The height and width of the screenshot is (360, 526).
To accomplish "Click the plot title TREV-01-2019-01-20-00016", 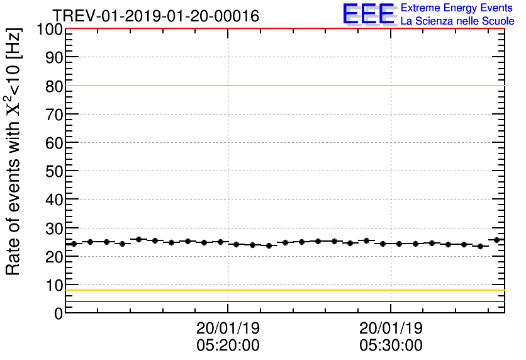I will (x=155, y=16).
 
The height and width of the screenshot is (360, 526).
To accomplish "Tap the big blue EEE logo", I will (x=369, y=14).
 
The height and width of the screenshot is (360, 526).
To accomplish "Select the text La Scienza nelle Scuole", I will (x=457, y=21).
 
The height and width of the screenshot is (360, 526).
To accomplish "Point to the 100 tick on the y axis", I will (x=50, y=29).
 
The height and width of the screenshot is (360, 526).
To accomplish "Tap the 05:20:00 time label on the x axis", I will (x=228, y=346).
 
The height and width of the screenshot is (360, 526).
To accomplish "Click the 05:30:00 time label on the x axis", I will (x=391, y=346).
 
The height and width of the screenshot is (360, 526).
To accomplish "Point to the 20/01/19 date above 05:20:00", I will (x=228, y=329).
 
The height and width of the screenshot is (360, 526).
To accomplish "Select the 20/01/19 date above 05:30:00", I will (x=391, y=329).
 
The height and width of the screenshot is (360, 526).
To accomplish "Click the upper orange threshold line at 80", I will (x=283, y=86).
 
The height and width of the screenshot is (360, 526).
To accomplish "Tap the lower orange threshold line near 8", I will (x=283, y=290).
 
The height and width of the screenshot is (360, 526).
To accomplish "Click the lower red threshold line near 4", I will (x=283, y=301).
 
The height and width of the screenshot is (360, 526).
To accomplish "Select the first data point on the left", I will (x=74, y=244).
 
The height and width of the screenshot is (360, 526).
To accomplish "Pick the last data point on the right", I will (x=497, y=240).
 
